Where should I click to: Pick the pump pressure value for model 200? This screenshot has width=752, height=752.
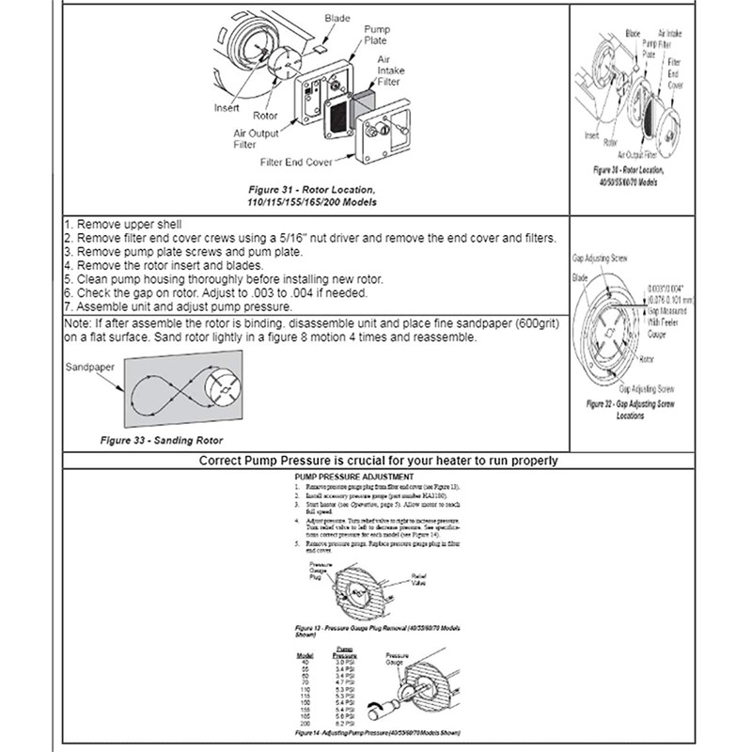tap(345, 725)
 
